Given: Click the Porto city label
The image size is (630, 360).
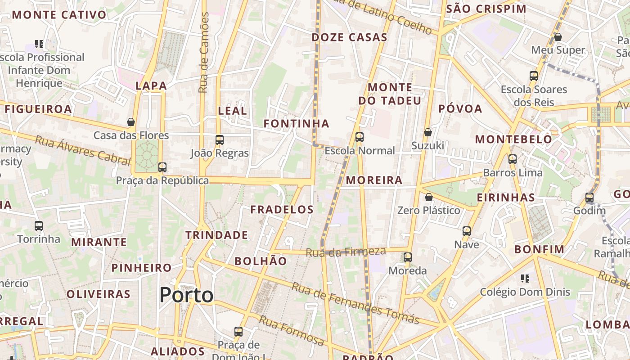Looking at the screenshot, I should (x=186, y=295).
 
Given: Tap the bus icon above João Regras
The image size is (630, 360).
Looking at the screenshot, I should (x=220, y=140).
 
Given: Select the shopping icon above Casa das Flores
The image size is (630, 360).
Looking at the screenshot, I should (x=131, y=122).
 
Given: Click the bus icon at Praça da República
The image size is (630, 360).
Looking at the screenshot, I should (x=162, y=167).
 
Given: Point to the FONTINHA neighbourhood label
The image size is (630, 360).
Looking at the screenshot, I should (x=296, y=123).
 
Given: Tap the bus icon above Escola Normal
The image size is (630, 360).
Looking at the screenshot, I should (x=359, y=137).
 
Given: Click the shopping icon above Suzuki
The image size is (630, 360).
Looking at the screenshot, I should (x=427, y=132).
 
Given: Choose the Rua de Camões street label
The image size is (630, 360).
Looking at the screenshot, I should (x=204, y=53).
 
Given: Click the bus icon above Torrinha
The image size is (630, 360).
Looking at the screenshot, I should (x=39, y=226).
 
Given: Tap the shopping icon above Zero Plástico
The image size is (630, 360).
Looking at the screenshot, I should (x=429, y=197).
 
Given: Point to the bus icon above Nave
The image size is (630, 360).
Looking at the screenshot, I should (x=467, y=231).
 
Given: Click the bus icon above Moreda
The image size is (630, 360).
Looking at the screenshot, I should (x=408, y=257).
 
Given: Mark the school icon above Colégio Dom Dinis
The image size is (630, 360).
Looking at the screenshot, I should (x=525, y=279).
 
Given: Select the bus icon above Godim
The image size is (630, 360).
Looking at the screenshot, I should (x=589, y=198).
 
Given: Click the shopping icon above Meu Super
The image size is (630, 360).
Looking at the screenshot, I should (x=558, y=37).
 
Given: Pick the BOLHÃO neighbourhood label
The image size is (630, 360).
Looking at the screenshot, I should (x=261, y=261).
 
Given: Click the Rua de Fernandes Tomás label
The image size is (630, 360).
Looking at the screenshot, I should (x=355, y=303).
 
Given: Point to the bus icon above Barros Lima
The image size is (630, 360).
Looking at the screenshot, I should (x=513, y=159).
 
